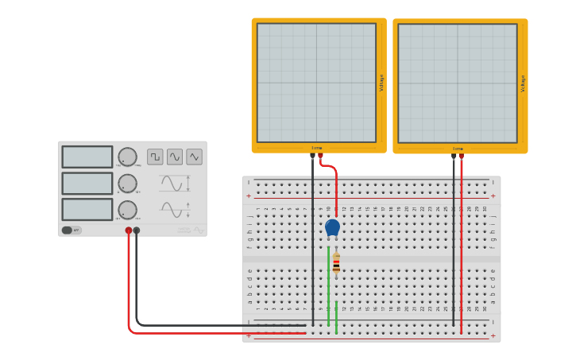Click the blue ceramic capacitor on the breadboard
(x=332, y=228)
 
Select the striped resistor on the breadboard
(x=336, y=263)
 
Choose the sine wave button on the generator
(x=175, y=157)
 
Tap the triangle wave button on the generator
(x=194, y=157)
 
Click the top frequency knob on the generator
(x=127, y=157)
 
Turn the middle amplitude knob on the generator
(x=127, y=183)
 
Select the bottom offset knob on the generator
(x=127, y=210)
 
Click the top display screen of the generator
(x=87, y=157)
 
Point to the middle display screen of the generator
(x=87, y=183)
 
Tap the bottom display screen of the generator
(x=87, y=209)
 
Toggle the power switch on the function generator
(x=72, y=230)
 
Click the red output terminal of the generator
(x=129, y=230)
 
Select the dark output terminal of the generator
(x=137, y=230)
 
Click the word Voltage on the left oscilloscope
(x=381, y=83)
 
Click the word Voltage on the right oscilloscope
(x=523, y=83)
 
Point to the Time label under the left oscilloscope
(x=317, y=148)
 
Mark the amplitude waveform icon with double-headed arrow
(x=174, y=183)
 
